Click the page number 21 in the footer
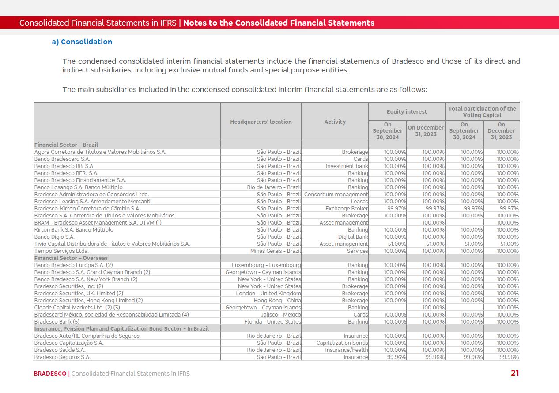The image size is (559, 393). click(x=515, y=373)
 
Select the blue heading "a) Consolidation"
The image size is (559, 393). click(x=82, y=42)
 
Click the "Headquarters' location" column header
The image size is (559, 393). click(x=261, y=122)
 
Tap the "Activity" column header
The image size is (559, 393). click(x=335, y=122)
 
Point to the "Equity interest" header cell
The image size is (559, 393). click(x=407, y=112)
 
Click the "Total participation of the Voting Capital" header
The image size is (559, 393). click(x=482, y=112)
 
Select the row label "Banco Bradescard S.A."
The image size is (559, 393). click(x=62, y=159)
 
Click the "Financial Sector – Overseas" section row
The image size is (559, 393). click(x=71, y=258)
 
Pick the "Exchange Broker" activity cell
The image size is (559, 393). click(x=347, y=209)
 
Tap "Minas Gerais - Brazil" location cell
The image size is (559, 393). click(x=276, y=251)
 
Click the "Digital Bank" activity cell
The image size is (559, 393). click(x=353, y=237)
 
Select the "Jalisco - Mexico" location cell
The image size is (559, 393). click(x=281, y=315)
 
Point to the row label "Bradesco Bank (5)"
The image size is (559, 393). click(x=57, y=322)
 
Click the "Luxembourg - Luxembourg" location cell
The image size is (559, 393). click(x=267, y=265)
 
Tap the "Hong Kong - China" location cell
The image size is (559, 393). click(x=277, y=301)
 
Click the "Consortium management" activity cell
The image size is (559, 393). click(x=336, y=195)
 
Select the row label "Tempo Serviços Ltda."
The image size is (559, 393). click(x=61, y=251)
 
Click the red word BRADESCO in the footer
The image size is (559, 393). click(x=50, y=374)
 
